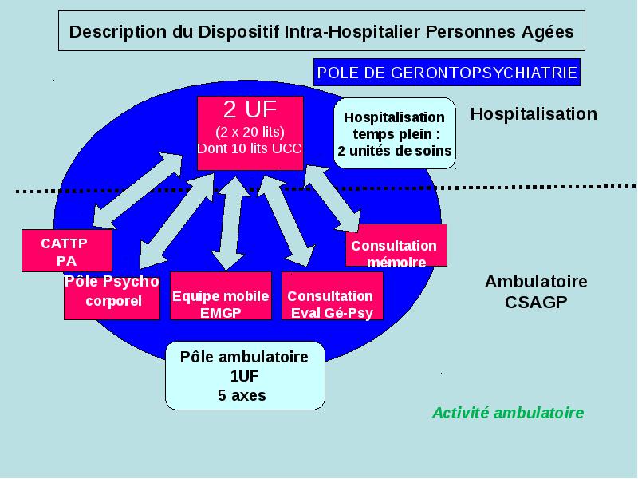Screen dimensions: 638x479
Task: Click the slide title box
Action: (x=321, y=31)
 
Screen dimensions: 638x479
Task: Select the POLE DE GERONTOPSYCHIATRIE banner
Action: (x=447, y=73)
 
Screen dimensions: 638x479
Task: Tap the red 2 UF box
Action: (x=250, y=133)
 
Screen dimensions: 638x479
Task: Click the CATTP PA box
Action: (x=67, y=251)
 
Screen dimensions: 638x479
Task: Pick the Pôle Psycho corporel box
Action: (x=112, y=296)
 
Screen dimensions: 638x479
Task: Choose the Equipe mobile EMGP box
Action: (x=221, y=295)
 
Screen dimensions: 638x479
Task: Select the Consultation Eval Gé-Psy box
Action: (x=332, y=295)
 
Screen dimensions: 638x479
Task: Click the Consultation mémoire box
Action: (x=396, y=245)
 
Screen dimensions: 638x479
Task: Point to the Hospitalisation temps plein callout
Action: (x=394, y=133)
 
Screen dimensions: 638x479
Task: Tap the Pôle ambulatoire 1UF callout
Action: (x=245, y=375)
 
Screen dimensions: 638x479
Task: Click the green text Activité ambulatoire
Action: (x=508, y=413)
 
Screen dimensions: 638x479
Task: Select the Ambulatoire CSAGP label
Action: (x=536, y=291)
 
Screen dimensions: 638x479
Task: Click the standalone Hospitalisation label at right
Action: (x=534, y=113)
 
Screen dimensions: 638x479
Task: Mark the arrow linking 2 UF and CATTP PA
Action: (x=137, y=190)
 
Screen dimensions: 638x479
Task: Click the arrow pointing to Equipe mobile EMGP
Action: (x=230, y=224)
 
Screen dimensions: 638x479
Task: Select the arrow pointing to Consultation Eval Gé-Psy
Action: (x=286, y=221)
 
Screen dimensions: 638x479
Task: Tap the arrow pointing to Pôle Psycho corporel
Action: (x=176, y=220)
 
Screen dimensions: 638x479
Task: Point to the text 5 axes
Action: (x=242, y=395)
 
